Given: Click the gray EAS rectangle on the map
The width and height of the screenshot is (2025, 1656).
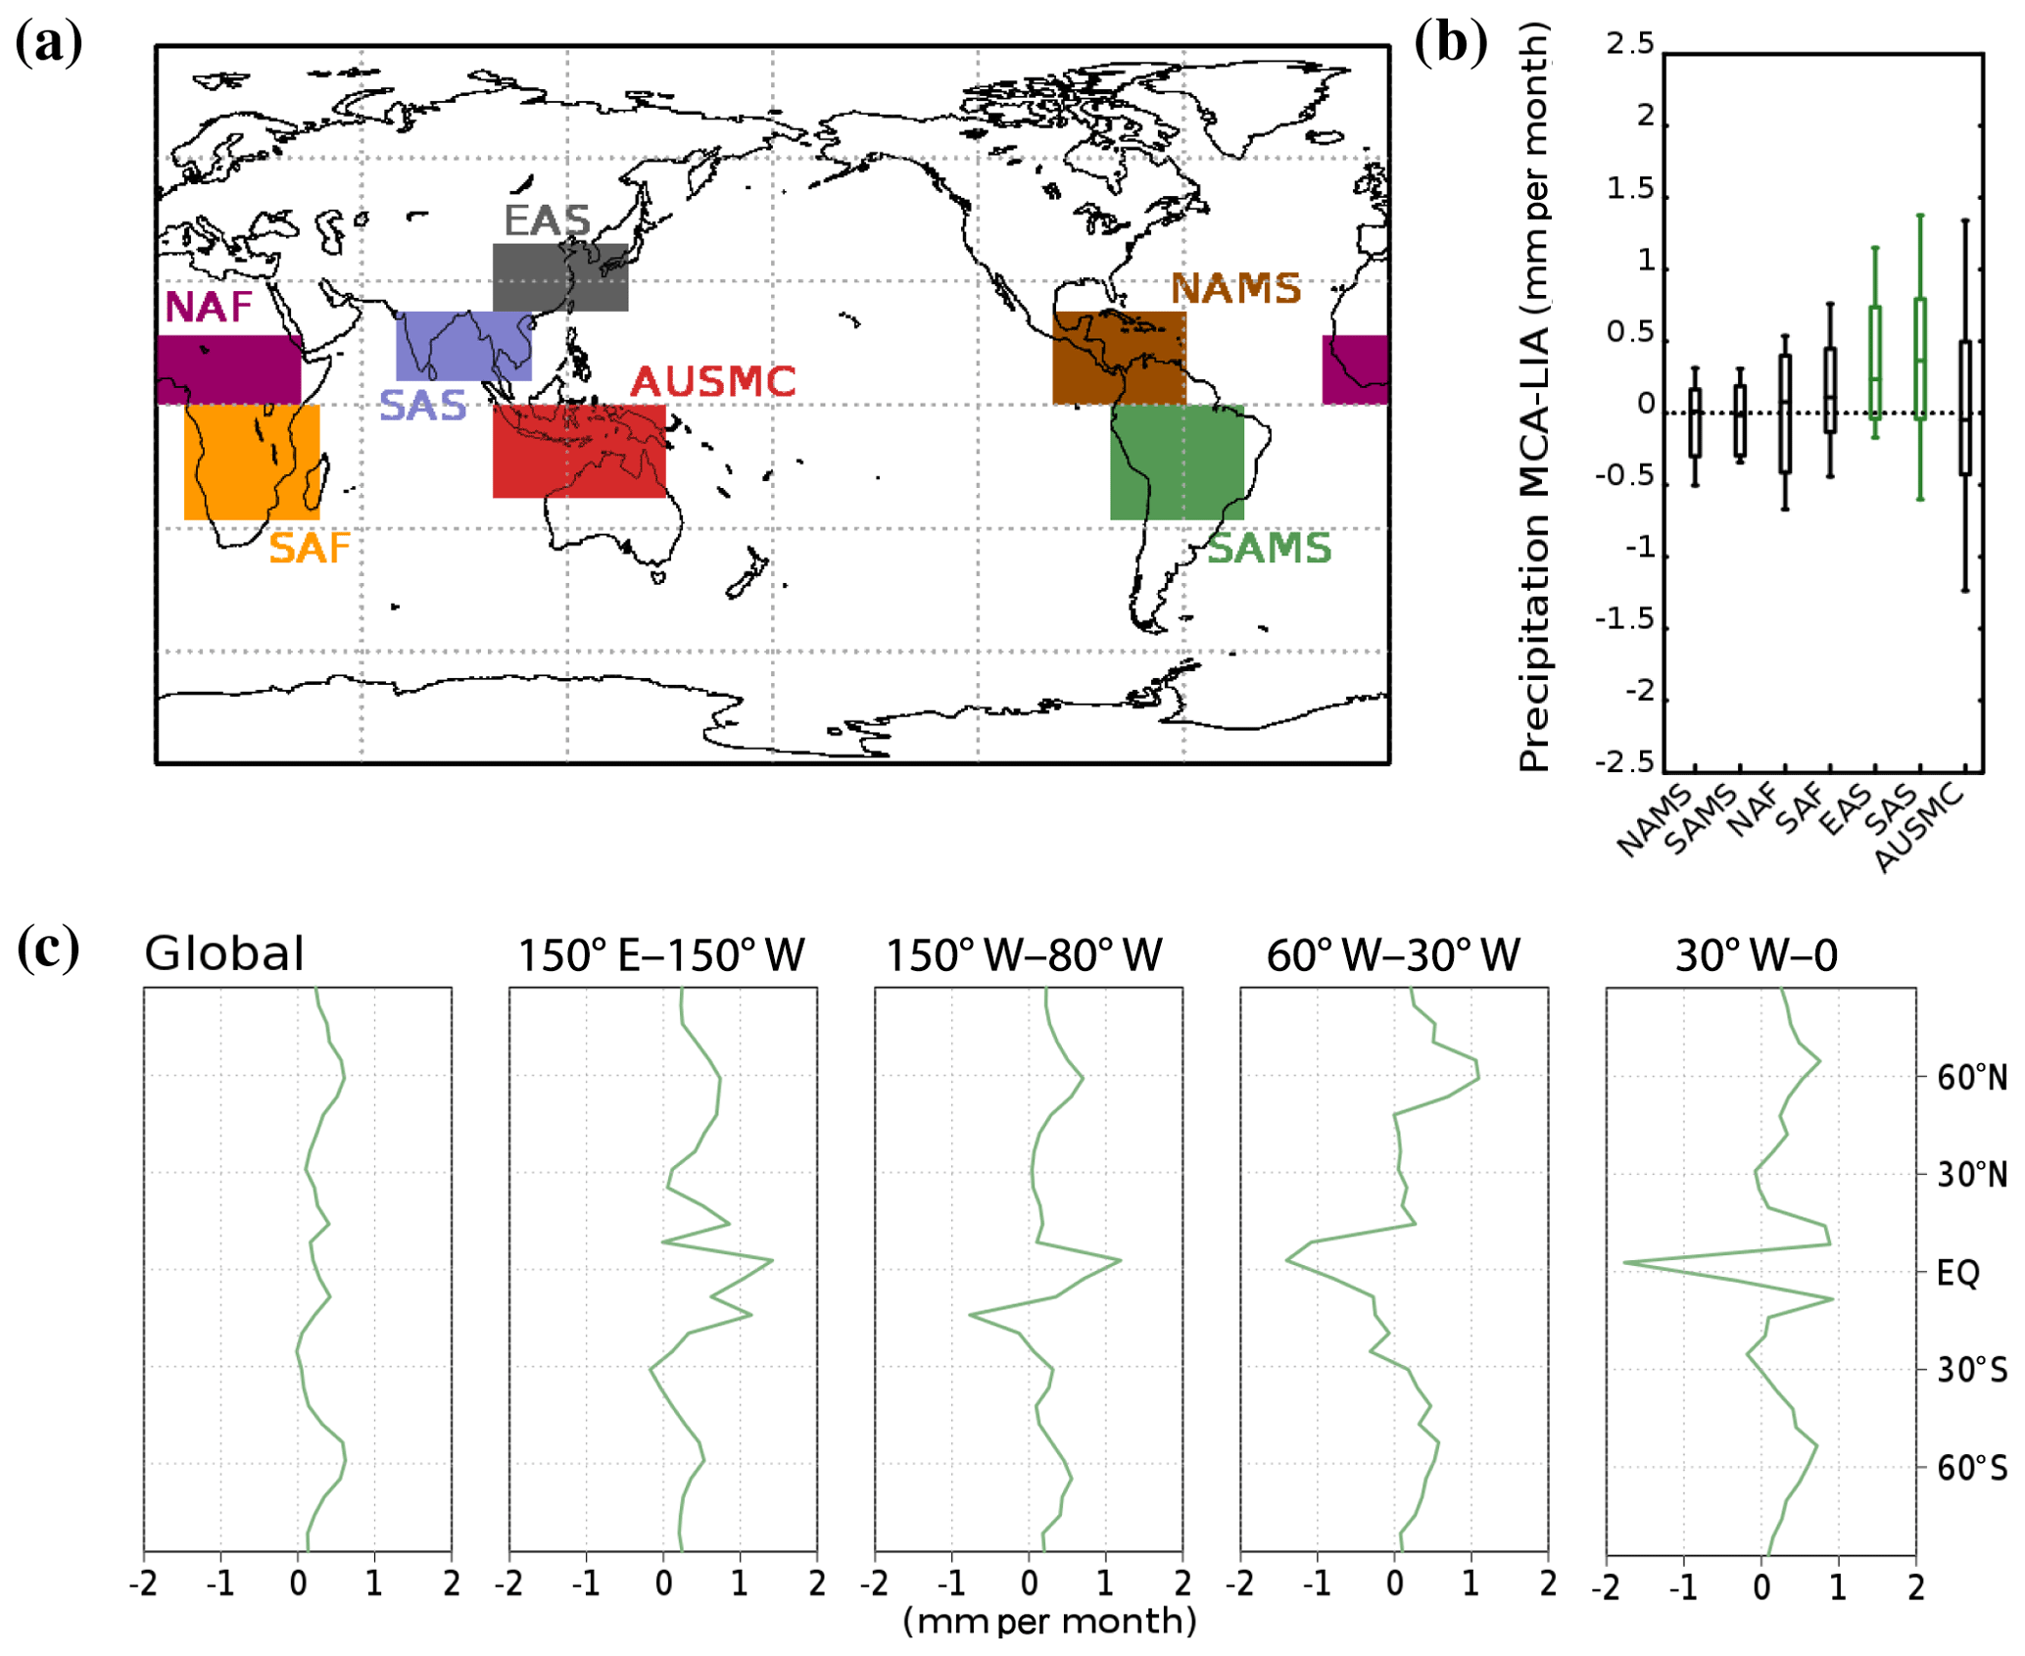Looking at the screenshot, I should click(x=559, y=277).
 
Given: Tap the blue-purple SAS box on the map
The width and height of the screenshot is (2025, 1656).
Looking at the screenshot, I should click(x=462, y=346).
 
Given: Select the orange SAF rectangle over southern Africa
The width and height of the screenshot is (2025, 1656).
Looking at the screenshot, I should click(x=251, y=462).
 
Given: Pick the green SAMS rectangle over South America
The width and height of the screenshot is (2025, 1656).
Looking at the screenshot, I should click(x=1176, y=462).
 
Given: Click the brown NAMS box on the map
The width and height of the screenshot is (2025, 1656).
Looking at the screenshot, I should click(x=1118, y=358).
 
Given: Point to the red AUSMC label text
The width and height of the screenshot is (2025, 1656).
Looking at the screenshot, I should click(x=712, y=382).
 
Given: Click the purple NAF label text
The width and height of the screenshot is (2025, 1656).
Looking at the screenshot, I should click(x=208, y=308).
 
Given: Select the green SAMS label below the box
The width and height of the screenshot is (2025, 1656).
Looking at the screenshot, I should click(x=1268, y=548).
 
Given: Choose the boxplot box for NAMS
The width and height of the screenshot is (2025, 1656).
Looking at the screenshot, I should click(x=1694, y=422).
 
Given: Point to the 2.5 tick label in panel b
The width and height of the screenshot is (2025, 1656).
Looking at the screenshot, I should click(x=1628, y=44).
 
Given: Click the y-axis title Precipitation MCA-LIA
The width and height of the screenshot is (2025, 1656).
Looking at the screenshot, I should click(x=1533, y=397).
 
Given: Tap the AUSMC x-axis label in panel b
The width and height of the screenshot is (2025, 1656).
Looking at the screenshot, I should click(x=1918, y=827).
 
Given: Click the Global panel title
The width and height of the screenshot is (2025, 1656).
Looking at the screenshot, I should click(x=224, y=953).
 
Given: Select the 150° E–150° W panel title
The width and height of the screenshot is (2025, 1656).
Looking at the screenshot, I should click(x=660, y=955).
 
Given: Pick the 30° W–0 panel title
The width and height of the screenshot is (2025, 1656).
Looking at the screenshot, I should click(x=1756, y=955).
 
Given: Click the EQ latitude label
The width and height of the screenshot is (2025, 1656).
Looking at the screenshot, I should click(x=1957, y=1273).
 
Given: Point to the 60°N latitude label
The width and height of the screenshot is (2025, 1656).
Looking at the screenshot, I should click(x=1971, y=1078).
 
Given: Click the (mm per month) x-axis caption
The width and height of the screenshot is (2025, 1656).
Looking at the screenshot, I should click(x=1048, y=1622).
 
